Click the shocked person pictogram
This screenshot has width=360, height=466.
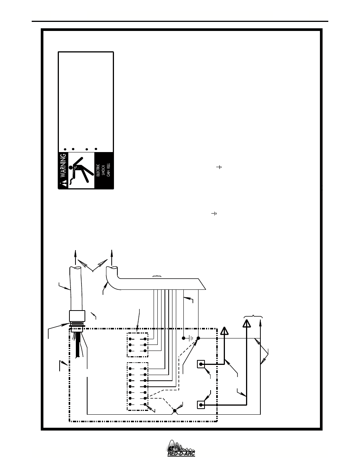[80, 169]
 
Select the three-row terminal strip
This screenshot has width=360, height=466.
[137, 345]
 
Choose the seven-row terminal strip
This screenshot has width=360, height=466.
[137, 386]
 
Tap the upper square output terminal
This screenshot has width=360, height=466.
[202, 364]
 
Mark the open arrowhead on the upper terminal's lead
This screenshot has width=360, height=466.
[225, 331]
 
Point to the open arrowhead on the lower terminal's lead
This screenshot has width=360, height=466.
[246, 324]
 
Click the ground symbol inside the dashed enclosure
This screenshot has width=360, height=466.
[191, 338]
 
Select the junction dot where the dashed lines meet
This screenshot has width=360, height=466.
[174, 411]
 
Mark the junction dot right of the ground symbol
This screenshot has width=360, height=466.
[198, 338]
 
